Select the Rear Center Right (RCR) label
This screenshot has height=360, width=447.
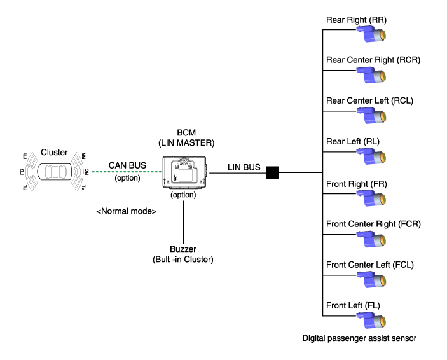[373, 60]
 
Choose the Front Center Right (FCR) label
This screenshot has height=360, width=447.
[373, 224]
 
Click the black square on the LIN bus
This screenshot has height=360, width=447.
[273, 172]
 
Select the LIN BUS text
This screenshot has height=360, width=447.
[244, 167]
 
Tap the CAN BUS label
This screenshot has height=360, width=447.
[127, 165]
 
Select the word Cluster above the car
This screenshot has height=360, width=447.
[54, 152]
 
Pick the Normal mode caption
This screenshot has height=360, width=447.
[127, 211]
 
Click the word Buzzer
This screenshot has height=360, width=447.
[184, 249]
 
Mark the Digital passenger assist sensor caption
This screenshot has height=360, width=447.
[359, 338]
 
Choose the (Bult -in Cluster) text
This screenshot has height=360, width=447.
[184, 260]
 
